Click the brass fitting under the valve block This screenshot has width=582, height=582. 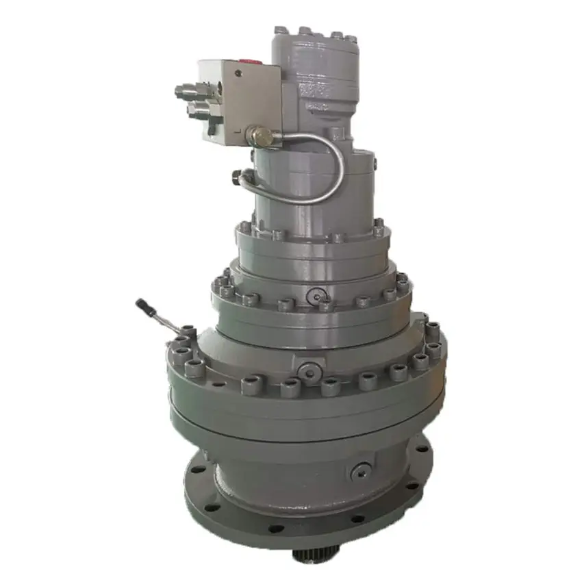pos(257,136)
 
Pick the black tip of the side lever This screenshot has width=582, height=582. pos(142,303)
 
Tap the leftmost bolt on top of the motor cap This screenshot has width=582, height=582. pos(280,30)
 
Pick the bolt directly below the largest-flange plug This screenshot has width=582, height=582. pos(310,388)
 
